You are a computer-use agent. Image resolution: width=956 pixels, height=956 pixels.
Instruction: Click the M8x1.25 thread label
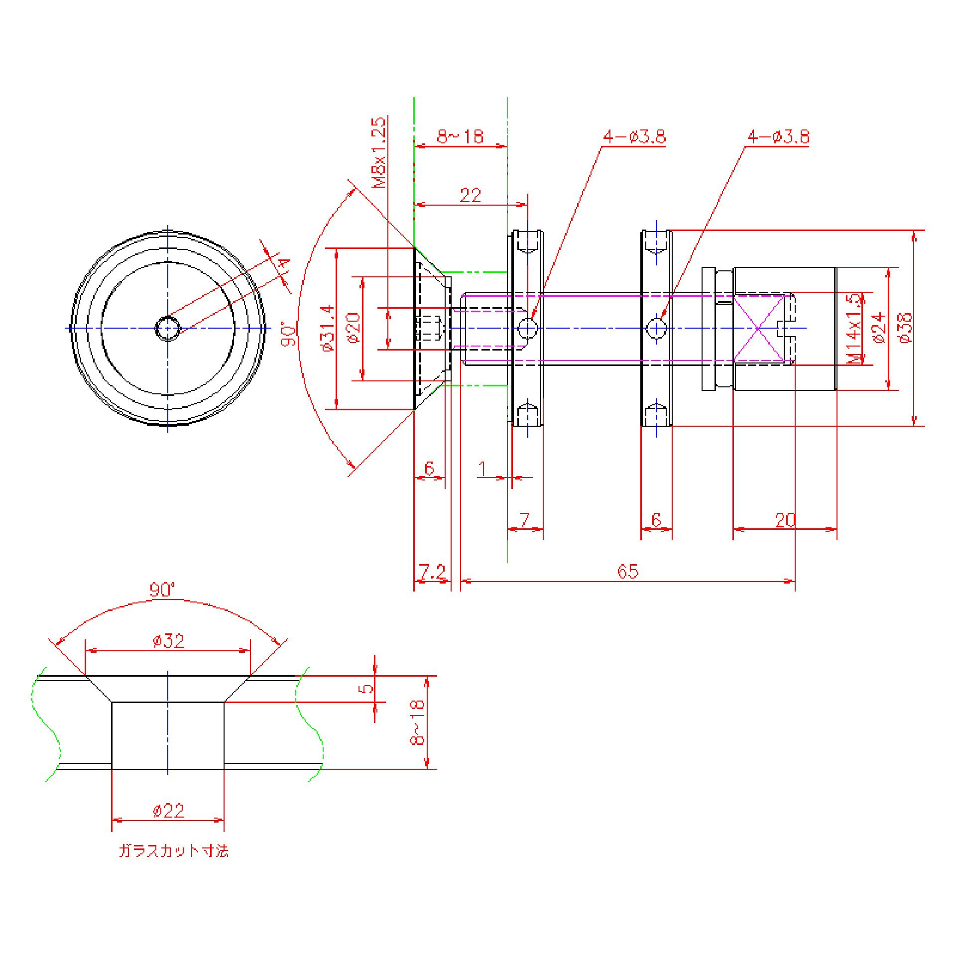380,152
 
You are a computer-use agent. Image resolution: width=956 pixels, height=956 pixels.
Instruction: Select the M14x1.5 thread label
853,329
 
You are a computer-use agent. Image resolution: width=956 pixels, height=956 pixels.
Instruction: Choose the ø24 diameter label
879,328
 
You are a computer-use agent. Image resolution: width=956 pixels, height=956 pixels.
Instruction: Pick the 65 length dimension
627,571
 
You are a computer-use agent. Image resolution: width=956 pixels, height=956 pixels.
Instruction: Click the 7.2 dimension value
432,572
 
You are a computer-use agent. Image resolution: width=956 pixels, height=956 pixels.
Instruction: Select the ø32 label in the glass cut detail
168,641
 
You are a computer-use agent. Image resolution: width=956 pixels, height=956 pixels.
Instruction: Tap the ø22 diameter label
168,811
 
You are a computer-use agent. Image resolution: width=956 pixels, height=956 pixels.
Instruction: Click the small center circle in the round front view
168,328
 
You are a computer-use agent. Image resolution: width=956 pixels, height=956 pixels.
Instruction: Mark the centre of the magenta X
758,328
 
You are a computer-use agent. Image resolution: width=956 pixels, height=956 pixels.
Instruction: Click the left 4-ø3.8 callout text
634,137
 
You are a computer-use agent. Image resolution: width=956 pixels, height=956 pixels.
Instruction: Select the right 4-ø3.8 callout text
778,137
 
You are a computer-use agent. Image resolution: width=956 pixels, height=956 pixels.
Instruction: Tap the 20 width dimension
785,520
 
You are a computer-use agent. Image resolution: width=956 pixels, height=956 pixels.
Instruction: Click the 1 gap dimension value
482,469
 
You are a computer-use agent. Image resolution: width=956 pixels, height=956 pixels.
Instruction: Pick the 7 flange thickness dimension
525,520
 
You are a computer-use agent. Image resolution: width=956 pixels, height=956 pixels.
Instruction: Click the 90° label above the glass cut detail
163,591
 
